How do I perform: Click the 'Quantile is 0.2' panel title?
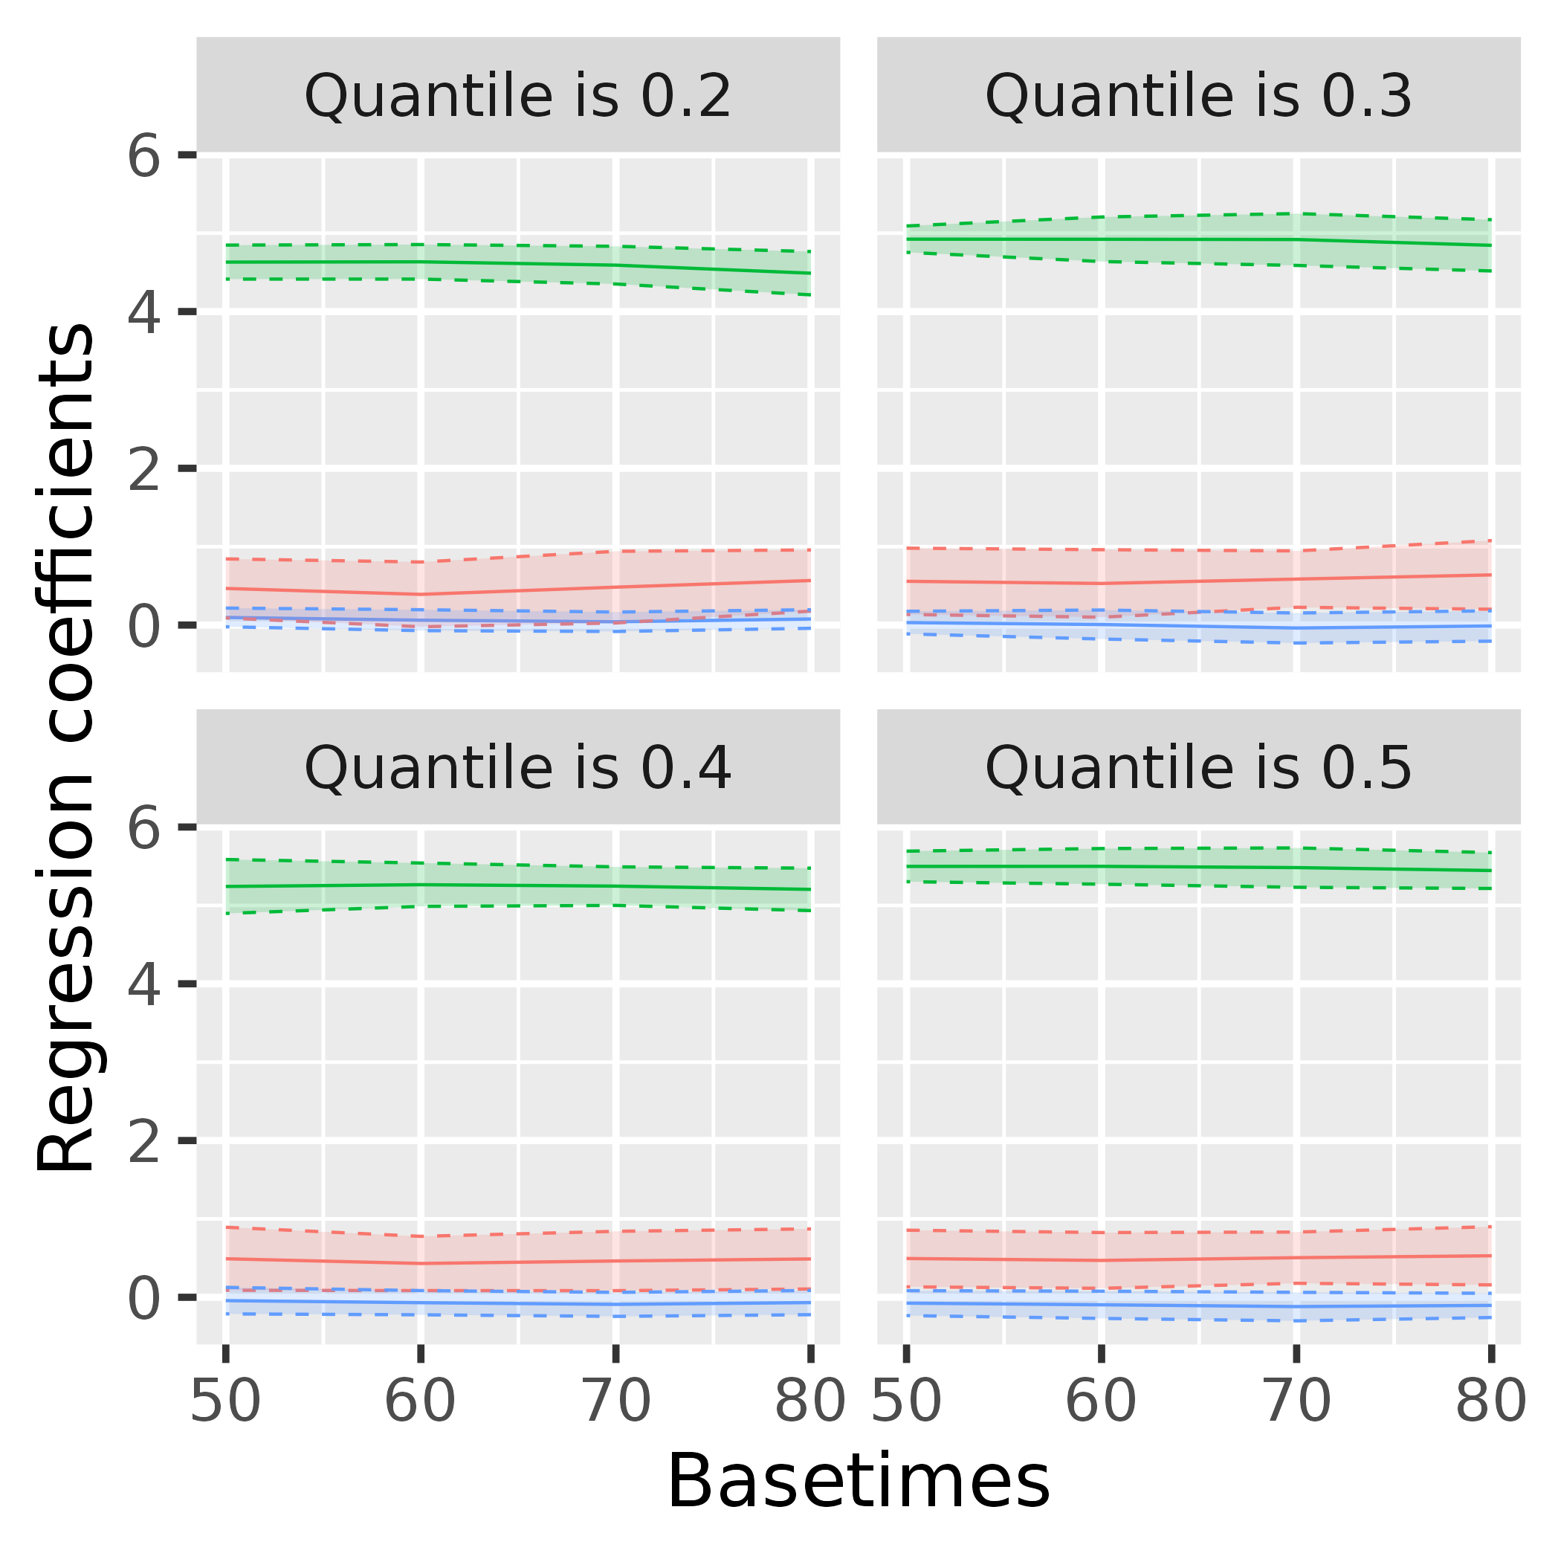click(x=517, y=96)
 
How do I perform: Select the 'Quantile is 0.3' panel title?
click(x=1198, y=96)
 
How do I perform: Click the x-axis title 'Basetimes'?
click(x=858, y=1481)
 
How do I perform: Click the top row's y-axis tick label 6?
click(x=145, y=155)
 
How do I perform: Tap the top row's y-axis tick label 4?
click(x=145, y=312)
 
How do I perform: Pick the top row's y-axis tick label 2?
click(x=145, y=469)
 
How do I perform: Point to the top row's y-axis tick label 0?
click(x=145, y=627)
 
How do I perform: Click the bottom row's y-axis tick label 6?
click(x=145, y=828)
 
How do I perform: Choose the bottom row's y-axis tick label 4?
click(x=145, y=984)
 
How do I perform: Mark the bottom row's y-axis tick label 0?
click(x=145, y=1300)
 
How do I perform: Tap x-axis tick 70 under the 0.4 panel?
click(x=615, y=1401)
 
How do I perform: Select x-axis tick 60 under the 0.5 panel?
click(x=1101, y=1401)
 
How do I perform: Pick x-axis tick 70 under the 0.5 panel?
click(x=1296, y=1401)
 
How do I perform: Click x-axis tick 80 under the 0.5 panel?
click(x=1490, y=1401)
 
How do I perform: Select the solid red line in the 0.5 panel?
click(x=1198, y=1259)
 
